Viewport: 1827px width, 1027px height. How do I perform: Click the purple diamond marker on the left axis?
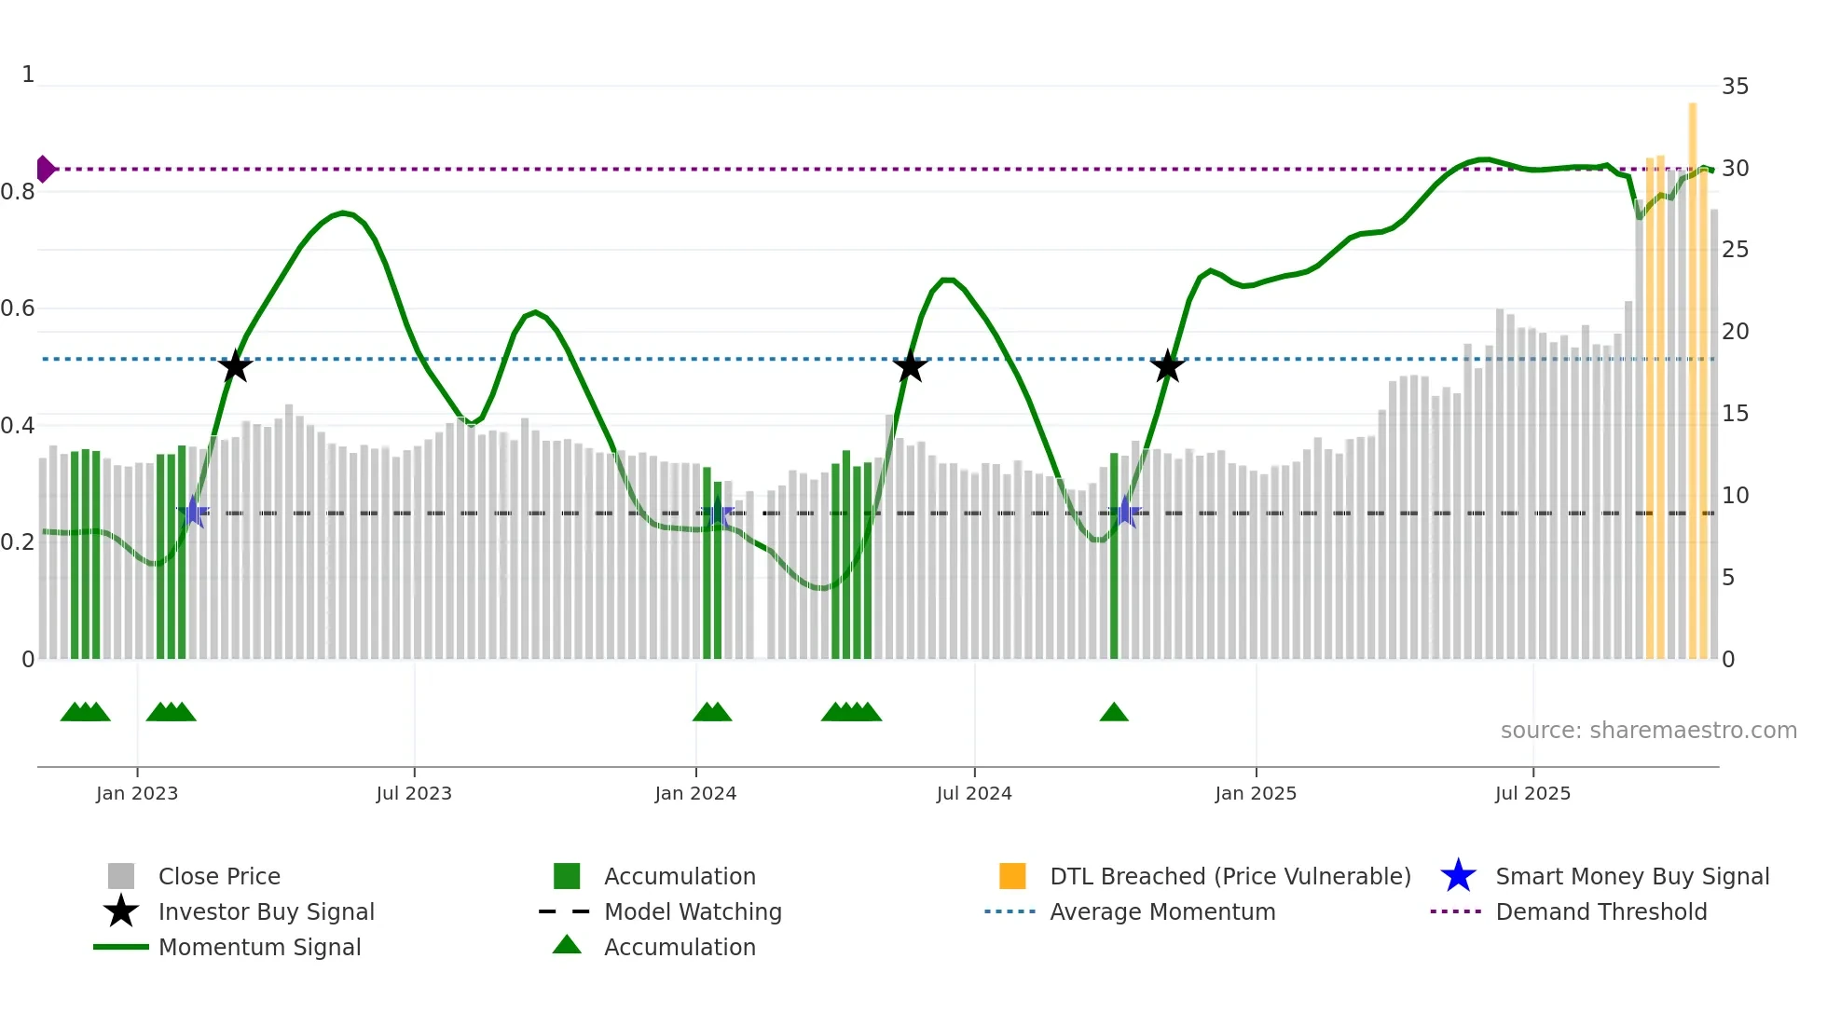tap(45, 169)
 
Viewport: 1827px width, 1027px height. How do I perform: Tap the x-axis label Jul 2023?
tap(414, 793)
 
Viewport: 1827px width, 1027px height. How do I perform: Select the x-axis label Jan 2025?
tap(1256, 793)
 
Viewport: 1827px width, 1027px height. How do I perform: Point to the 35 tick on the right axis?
tap(1735, 87)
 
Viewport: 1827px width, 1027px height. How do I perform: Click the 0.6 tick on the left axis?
tap(18, 308)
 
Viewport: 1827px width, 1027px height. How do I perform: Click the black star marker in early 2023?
tap(235, 366)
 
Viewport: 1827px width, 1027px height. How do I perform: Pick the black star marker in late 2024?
tap(1167, 366)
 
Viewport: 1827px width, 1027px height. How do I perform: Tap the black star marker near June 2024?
tap(910, 366)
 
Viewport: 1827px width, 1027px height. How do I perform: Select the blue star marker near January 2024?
tap(717, 513)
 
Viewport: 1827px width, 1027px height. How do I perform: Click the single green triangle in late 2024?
tap(1114, 713)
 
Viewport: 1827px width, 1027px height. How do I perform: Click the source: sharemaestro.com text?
tap(1648, 730)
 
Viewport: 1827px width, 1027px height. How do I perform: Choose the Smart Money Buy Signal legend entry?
tap(1631, 876)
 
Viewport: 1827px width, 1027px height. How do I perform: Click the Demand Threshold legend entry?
tap(1600, 911)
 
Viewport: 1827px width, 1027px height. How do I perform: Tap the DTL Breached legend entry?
tap(1229, 876)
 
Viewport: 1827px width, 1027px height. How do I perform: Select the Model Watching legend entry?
tap(692, 911)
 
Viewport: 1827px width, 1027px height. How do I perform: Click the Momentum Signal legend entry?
tap(259, 947)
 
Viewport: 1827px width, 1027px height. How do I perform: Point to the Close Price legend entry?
tap(219, 876)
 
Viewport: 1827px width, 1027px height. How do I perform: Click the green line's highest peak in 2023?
tap(343, 212)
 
